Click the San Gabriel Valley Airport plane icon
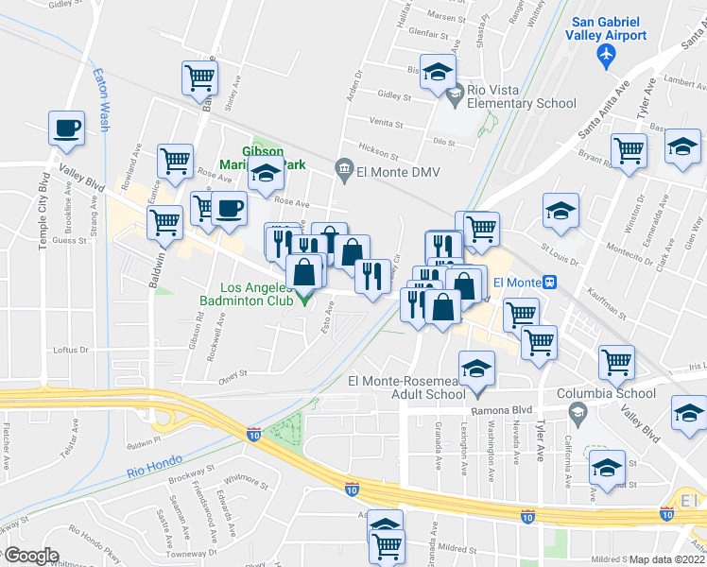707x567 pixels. coord(607,57)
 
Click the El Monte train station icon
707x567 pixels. coord(550,282)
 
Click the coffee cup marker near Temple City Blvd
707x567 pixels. coord(66,129)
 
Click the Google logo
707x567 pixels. coord(30,556)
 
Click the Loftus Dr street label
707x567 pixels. coord(70,350)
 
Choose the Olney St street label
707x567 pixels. coord(232,373)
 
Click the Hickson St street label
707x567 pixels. coord(378,150)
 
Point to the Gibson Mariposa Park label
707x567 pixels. coord(263,158)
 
